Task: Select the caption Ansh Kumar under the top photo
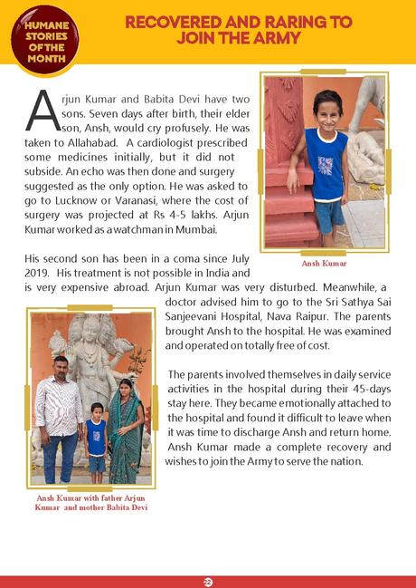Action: pyautogui.click(x=324, y=264)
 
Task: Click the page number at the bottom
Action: pyautogui.click(x=207, y=580)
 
